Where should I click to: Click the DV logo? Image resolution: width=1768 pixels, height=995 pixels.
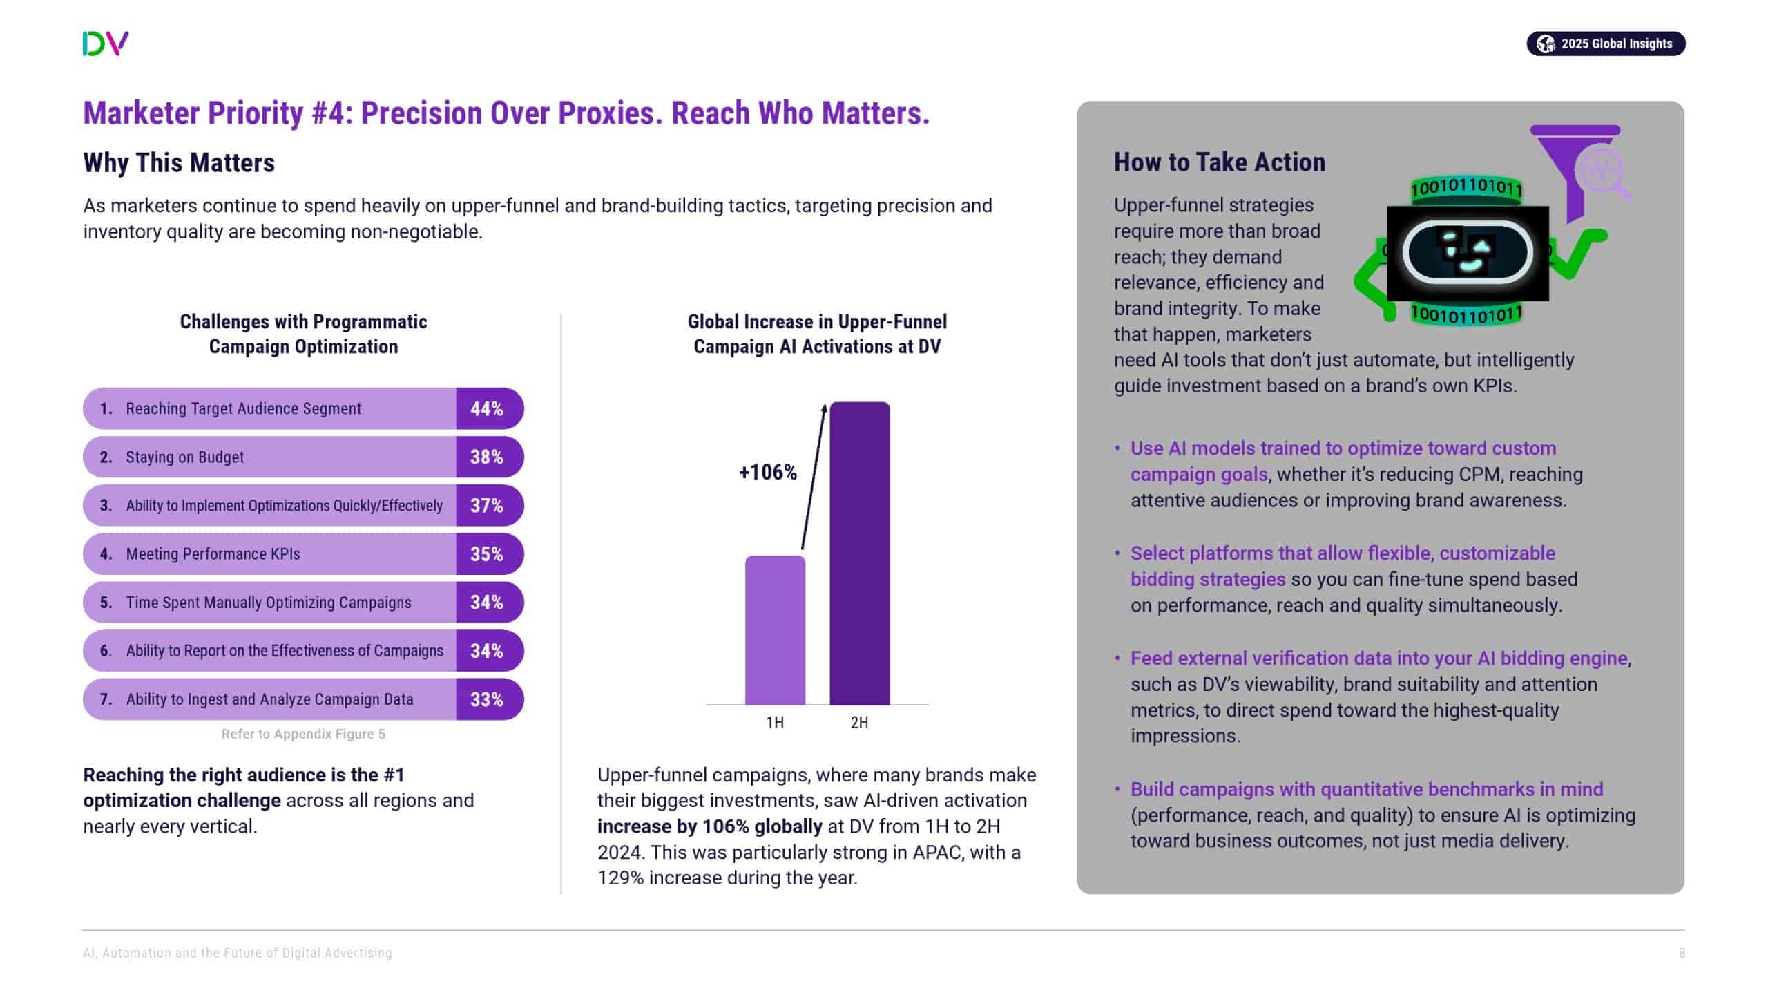click(x=105, y=44)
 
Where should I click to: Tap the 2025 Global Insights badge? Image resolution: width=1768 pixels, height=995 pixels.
click(x=1605, y=44)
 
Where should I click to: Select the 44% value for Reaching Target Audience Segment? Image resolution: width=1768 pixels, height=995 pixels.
click(x=487, y=408)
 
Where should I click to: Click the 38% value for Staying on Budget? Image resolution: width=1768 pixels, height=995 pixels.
click(x=487, y=457)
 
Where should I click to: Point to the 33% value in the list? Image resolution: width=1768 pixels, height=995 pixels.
click(x=487, y=699)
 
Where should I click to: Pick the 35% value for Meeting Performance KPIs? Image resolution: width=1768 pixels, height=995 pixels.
click(x=487, y=554)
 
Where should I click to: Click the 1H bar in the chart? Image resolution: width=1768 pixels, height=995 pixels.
click(x=775, y=630)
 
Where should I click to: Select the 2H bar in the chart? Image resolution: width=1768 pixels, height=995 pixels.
click(x=859, y=553)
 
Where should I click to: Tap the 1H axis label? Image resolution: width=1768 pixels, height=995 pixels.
click(x=775, y=723)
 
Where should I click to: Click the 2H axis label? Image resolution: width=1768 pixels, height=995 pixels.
click(x=859, y=723)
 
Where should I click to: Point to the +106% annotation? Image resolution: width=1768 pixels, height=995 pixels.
click(x=767, y=473)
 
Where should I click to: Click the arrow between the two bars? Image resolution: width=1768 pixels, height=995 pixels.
click(x=813, y=477)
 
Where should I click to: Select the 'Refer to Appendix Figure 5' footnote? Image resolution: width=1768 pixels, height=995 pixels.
click(x=303, y=734)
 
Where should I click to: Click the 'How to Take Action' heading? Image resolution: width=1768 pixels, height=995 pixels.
click(x=1219, y=162)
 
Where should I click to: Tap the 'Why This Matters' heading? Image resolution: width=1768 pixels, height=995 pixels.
click(x=179, y=163)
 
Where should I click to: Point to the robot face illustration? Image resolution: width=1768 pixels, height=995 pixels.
click(x=1467, y=253)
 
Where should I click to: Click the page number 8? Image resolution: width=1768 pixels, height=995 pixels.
click(x=1682, y=953)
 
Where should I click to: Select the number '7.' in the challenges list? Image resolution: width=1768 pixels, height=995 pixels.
click(x=106, y=699)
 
